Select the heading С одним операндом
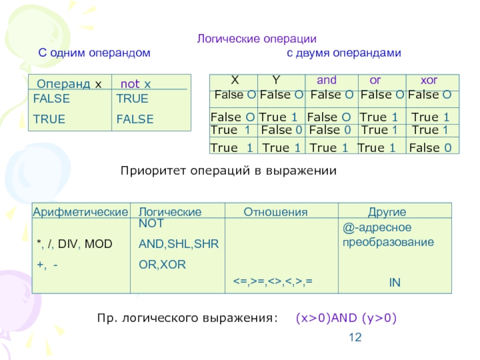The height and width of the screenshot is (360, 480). pos(94,53)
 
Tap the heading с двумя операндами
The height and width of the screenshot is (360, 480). pos(343,53)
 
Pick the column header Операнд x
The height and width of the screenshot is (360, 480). pos(70,83)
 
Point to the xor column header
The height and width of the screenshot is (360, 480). pos(429,80)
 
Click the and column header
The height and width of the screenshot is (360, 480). pos(326,80)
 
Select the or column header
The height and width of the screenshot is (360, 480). pos(375,80)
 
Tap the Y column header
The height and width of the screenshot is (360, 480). pos(275,80)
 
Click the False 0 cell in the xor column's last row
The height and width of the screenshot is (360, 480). pos(430,147)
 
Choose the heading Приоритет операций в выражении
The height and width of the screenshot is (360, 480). pos(229,171)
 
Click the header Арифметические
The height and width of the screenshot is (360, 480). pos(80,212)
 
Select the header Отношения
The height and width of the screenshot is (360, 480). pos(275,212)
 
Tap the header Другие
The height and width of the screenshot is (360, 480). pos(387,212)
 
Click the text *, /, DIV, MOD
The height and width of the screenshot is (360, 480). pos(74,244)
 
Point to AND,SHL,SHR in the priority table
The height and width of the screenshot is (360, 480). pos(179,244)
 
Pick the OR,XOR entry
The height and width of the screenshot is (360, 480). pos(163,264)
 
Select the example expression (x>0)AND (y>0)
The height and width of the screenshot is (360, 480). pos(346,318)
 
